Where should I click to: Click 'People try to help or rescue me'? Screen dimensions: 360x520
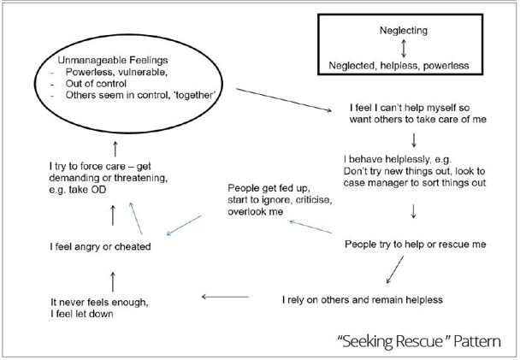[415, 245]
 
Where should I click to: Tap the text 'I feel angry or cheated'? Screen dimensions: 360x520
[100, 248]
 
